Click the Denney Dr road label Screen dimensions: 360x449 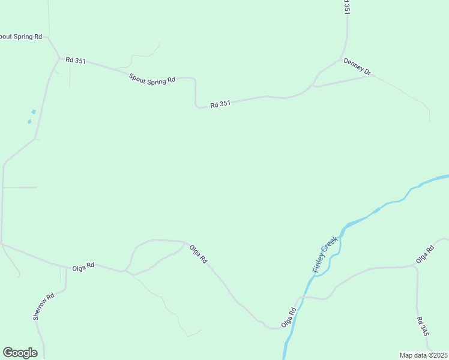click(358, 67)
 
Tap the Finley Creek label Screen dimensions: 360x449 click(325, 255)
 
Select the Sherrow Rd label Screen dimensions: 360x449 click(44, 306)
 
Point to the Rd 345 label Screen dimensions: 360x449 click(423, 326)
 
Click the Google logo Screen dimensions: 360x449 click(20, 353)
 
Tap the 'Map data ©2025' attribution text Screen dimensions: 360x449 click(423, 355)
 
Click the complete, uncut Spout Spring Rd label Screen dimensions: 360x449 click(152, 79)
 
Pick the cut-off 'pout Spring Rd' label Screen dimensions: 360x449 click(21, 37)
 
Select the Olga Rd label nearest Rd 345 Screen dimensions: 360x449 click(425, 254)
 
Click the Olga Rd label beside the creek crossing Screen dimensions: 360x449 click(289, 318)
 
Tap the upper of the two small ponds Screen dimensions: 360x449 click(34, 112)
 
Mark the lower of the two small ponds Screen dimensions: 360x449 click(29, 121)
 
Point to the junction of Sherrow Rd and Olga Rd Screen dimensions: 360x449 click(65, 266)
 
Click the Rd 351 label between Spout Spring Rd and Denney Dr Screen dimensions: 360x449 click(220, 104)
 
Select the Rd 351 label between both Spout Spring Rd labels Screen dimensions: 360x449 click(76, 60)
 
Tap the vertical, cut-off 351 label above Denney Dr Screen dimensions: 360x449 click(346, 7)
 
